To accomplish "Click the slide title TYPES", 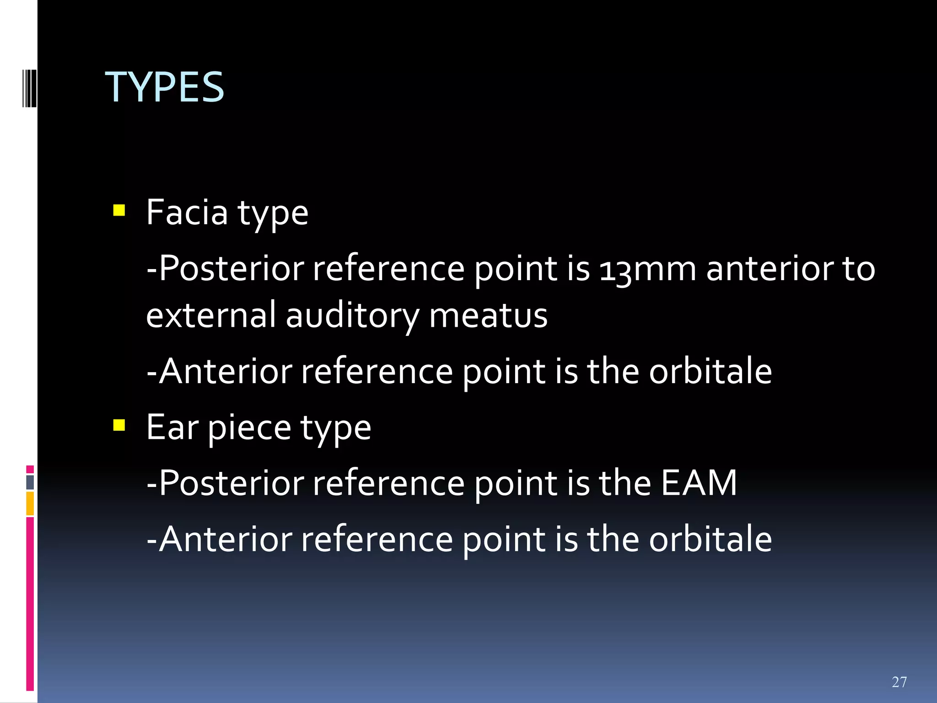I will (165, 87).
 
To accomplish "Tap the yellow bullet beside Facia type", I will (119, 211).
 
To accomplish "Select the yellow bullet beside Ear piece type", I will (119, 426).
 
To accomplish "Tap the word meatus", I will (488, 316).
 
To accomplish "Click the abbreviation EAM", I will (699, 483).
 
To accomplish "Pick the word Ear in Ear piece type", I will (172, 427).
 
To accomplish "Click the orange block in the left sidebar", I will (30, 503).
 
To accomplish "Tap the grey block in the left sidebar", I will (30, 482).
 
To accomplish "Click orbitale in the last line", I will (711, 539).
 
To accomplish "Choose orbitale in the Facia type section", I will (711, 371).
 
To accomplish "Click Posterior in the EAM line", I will (232, 483).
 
